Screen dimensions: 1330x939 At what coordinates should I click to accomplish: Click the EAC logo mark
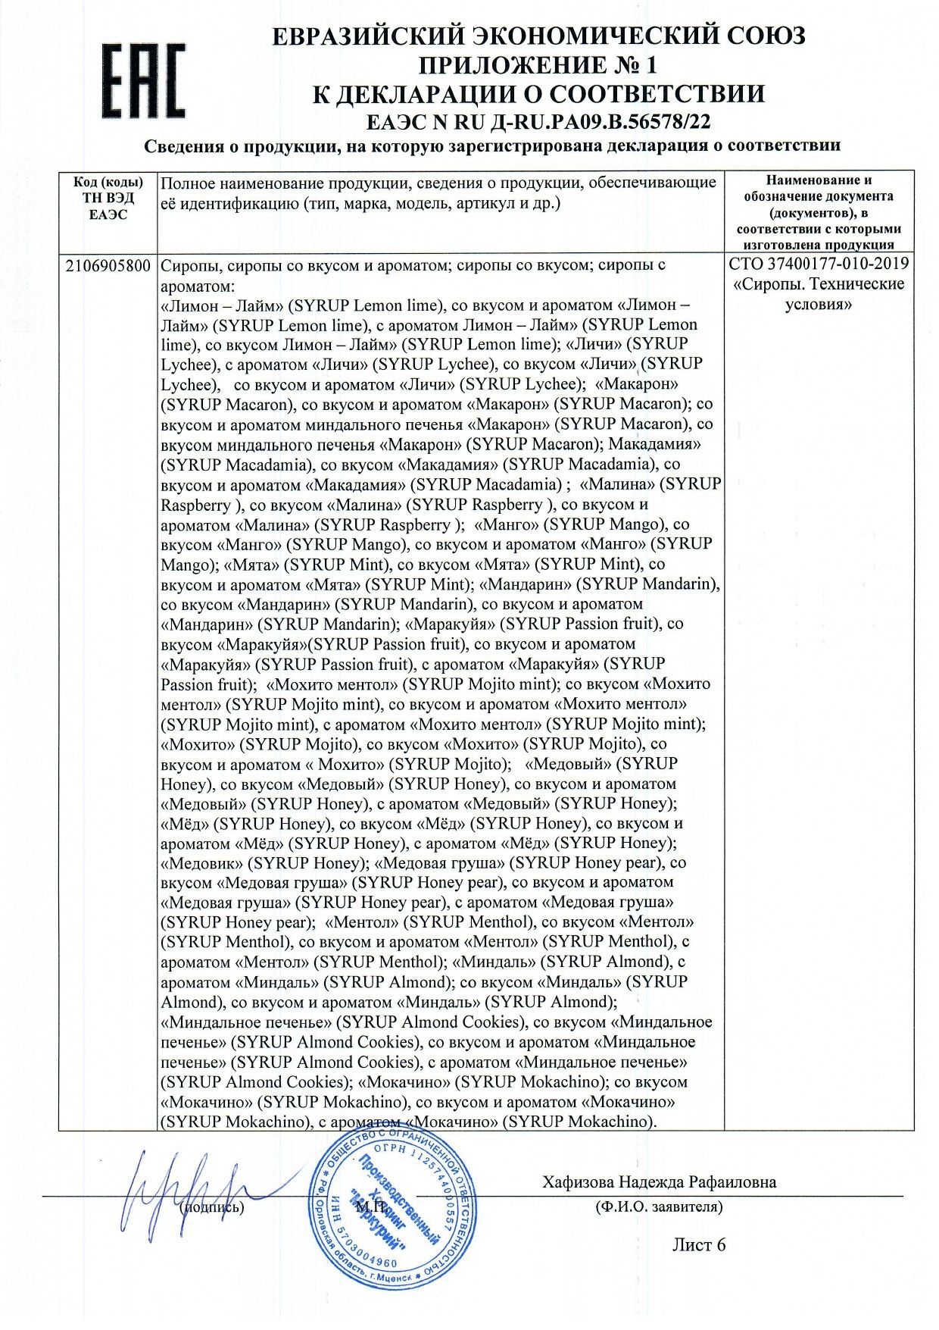(x=144, y=80)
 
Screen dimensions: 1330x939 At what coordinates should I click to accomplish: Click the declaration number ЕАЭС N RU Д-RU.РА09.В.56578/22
(x=538, y=121)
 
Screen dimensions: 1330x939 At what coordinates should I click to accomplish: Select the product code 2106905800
(x=108, y=265)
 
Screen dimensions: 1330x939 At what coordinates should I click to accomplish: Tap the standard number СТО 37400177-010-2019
(x=819, y=264)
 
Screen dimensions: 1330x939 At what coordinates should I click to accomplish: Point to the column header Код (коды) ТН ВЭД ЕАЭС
(x=108, y=198)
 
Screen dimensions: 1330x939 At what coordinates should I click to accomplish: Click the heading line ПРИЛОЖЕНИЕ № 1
(x=538, y=65)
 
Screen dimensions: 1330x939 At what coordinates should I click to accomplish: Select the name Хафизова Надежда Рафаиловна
(x=659, y=1182)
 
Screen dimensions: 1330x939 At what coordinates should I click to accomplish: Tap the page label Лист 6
(x=698, y=1244)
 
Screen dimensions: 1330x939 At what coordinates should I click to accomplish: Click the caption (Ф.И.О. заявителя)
(x=659, y=1206)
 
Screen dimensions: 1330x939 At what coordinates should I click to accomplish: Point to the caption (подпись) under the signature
(x=212, y=1207)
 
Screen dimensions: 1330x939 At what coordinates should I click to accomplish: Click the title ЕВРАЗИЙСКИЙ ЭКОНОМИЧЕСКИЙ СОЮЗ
(x=538, y=36)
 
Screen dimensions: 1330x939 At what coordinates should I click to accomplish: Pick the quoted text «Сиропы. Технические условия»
(x=819, y=294)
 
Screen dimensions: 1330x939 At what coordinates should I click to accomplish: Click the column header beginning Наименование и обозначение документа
(x=819, y=212)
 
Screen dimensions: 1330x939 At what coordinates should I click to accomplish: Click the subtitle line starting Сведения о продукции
(x=492, y=146)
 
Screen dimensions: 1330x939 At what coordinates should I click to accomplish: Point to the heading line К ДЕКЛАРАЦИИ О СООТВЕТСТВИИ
(x=538, y=94)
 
